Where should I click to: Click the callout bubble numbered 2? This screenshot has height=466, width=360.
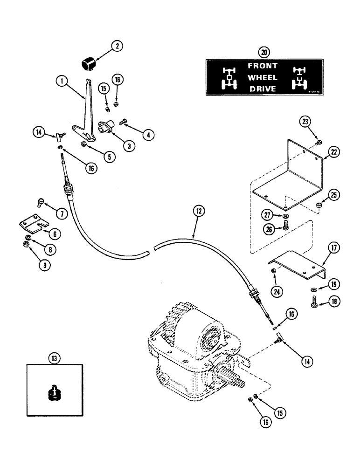pyautogui.click(x=117, y=46)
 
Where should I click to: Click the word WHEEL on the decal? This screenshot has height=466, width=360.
pyautogui.click(x=263, y=77)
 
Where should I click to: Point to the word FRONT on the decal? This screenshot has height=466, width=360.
pyautogui.click(x=263, y=67)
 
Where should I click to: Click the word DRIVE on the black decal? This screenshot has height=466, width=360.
pyautogui.click(x=263, y=89)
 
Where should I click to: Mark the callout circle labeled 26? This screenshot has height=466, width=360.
pyautogui.click(x=269, y=229)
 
